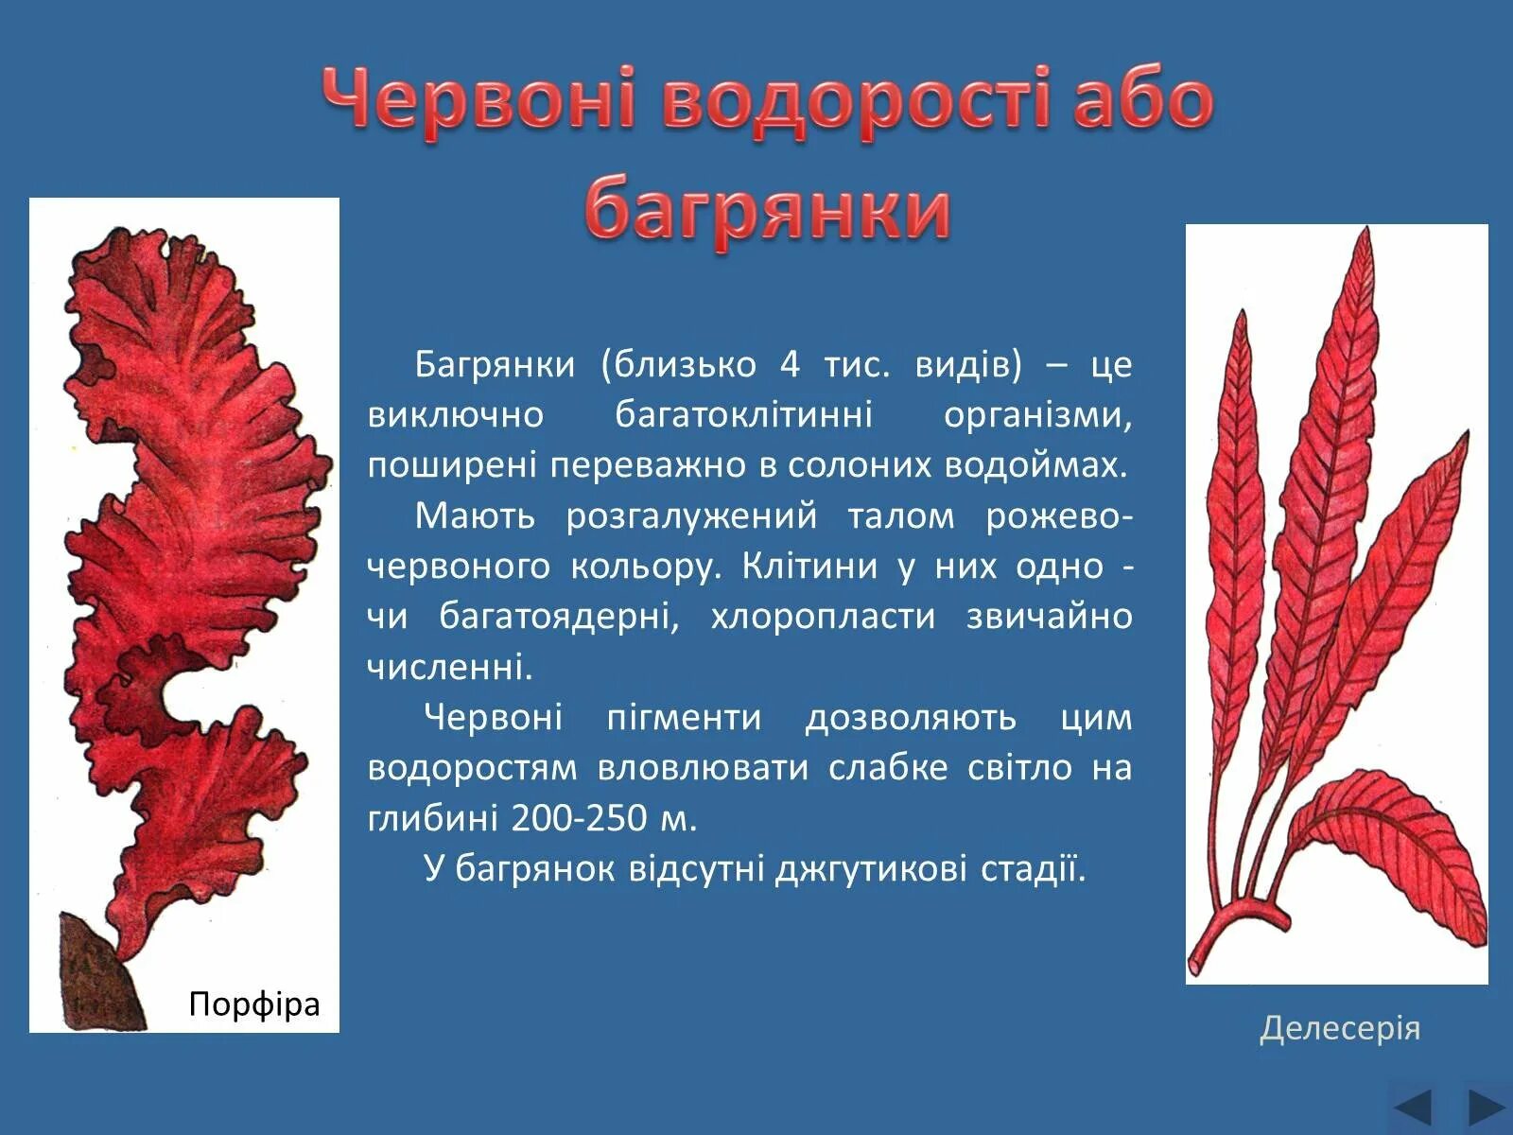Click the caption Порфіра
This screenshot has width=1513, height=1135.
pyautogui.click(x=254, y=1004)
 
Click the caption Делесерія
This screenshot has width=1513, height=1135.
pyautogui.click(x=1340, y=1027)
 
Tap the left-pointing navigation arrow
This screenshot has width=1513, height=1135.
pyautogui.click(x=1414, y=1106)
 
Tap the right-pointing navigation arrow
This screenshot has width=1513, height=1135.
pyautogui.click(x=1486, y=1106)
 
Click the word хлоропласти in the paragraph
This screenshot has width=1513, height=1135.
pyautogui.click(x=823, y=617)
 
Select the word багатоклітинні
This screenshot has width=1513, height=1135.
pyautogui.click(x=743, y=415)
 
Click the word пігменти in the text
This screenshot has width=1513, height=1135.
pyautogui.click(x=684, y=717)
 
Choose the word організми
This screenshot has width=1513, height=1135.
pyautogui.click(x=1037, y=415)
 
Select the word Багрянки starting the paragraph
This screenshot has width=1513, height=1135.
pyautogui.click(x=495, y=364)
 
